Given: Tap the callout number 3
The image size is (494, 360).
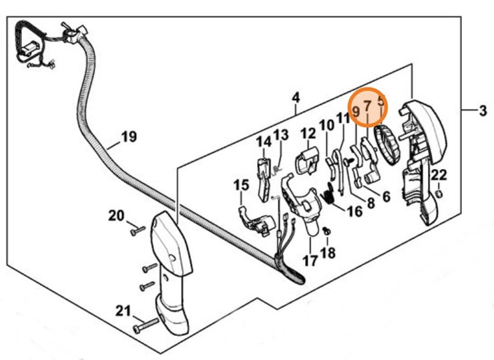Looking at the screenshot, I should (483, 112).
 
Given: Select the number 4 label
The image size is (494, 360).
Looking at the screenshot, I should (295, 99).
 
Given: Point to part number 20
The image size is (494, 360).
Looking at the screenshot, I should (116, 215).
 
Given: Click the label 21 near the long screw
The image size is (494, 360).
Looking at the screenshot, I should (123, 311).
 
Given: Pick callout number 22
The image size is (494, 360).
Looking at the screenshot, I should (439, 176).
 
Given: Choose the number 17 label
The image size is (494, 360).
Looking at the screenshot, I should (310, 260).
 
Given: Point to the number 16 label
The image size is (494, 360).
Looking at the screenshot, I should (354, 212).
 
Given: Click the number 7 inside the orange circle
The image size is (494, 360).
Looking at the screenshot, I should (367, 106).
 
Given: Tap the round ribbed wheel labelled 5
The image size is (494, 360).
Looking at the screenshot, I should (388, 142).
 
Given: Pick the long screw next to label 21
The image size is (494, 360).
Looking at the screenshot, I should (146, 325).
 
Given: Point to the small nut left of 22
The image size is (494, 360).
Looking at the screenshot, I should (439, 194).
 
